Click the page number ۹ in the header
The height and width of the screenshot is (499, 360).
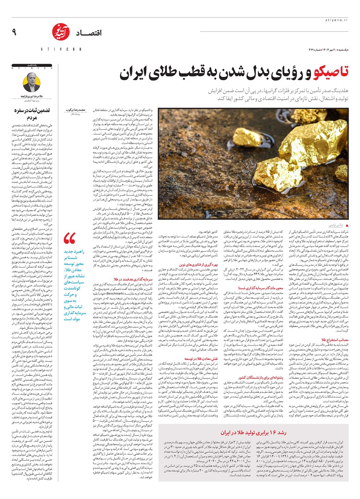pyautogui.click(x=14, y=32)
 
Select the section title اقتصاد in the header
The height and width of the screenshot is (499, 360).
pyautogui.click(x=89, y=33)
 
